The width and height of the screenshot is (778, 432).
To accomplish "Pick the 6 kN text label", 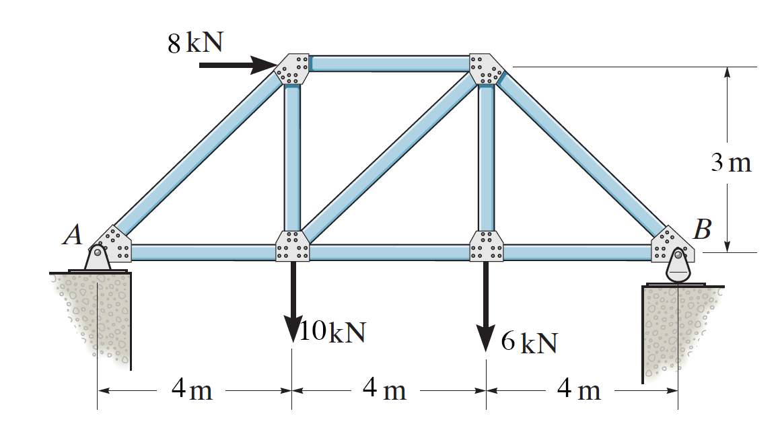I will (x=530, y=343).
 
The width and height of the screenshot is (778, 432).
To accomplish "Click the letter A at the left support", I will (x=72, y=235).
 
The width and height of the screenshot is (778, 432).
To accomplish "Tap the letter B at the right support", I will (x=702, y=231).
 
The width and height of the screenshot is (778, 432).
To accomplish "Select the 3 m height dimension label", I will (x=731, y=163).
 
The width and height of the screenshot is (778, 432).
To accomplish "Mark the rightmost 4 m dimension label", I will (x=579, y=390).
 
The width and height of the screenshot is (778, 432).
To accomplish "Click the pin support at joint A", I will (x=98, y=258).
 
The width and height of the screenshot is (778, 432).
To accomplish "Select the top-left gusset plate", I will (x=293, y=69).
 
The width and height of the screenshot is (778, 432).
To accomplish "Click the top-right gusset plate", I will (x=486, y=69).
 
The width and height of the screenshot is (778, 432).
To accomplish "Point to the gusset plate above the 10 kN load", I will (x=293, y=246).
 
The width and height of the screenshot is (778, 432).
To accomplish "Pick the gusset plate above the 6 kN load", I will (x=486, y=246).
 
